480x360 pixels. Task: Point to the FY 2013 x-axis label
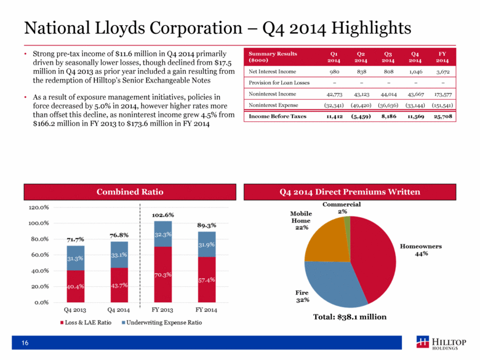(x=163, y=310)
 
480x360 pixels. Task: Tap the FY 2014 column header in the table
(x=442, y=57)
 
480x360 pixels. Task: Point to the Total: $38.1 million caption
(x=350, y=318)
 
